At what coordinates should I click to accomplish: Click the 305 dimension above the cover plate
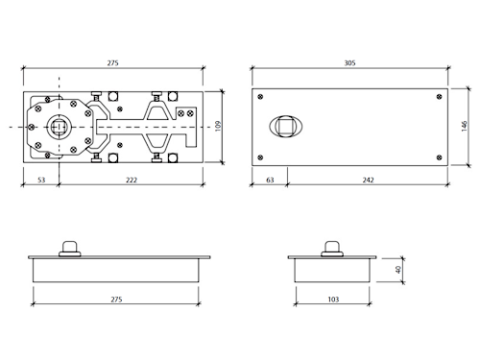(x=349, y=63)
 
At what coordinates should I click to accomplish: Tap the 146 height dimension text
(x=465, y=126)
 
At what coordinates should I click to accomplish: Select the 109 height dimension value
(x=218, y=126)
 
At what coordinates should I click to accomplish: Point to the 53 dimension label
(x=41, y=180)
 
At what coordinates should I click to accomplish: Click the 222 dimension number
(x=132, y=180)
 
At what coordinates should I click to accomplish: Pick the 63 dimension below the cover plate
(x=270, y=180)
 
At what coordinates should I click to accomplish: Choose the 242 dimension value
(x=368, y=180)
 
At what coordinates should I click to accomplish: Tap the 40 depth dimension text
(x=398, y=270)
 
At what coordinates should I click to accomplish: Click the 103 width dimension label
(x=333, y=300)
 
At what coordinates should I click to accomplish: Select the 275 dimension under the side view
(x=116, y=300)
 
